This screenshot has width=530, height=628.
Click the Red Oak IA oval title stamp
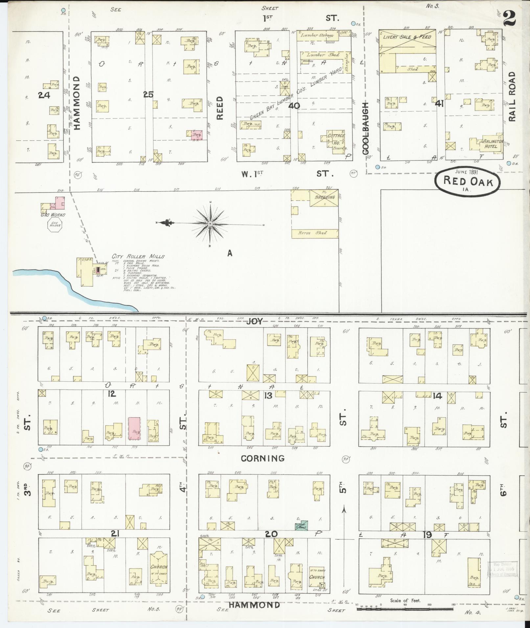coord(468,181)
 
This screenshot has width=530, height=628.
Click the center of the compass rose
coord(210,224)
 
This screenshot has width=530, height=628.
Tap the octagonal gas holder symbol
coord(54,226)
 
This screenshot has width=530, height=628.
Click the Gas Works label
coord(53,215)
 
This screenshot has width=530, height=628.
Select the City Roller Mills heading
coord(138,256)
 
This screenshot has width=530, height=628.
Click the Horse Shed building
coord(314,233)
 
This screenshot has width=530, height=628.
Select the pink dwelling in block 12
coord(134,428)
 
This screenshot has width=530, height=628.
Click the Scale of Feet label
coord(405,601)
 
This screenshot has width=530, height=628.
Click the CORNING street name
coord(263,458)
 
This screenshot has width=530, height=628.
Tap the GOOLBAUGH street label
coord(366,128)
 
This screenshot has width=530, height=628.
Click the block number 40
coord(294,106)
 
